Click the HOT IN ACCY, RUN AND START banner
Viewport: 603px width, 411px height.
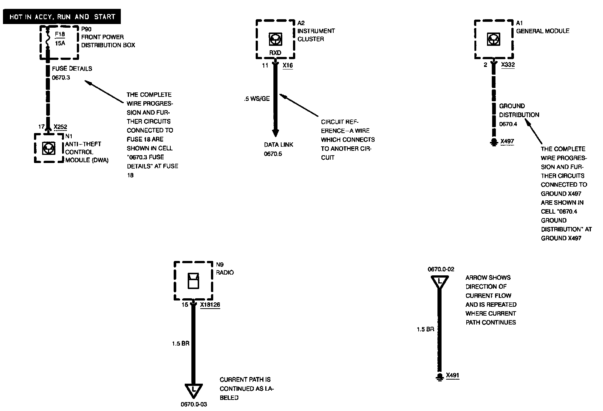(62, 17)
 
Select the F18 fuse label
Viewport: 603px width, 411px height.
(60, 34)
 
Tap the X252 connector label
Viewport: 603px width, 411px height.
(60, 127)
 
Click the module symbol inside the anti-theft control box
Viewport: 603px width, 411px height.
(49, 148)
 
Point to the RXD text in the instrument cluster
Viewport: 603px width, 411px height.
(275, 52)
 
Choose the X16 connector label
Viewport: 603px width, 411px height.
(287, 65)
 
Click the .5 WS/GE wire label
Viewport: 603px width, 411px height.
(257, 99)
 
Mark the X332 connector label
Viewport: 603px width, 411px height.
(508, 65)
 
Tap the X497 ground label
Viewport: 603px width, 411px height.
(507, 141)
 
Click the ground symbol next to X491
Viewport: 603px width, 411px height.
(440, 376)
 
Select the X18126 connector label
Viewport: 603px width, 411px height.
(210, 305)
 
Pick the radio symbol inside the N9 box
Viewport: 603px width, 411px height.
(193, 281)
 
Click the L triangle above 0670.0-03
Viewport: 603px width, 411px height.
(193, 390)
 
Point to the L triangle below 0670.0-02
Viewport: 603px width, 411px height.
(440, 282)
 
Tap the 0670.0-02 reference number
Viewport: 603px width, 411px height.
(441, 269)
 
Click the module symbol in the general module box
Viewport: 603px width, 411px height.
(494, 39)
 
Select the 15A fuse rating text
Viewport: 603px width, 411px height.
(60, 43)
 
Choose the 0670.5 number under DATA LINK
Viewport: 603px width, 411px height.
(273, 154)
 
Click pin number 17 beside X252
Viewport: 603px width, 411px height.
(41, 127)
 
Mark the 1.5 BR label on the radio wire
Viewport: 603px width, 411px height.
(180, 343)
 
